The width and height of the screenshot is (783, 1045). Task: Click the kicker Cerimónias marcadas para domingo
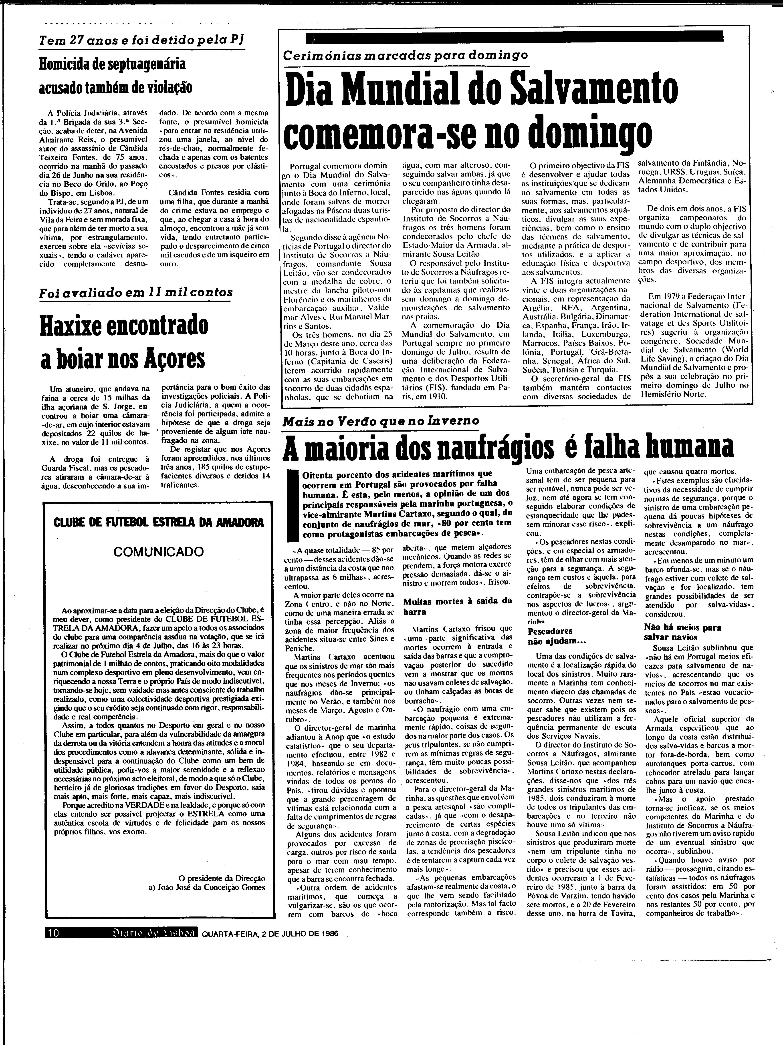[x=405, y=55]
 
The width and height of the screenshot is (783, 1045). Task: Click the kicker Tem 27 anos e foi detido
[x=142, y=41]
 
